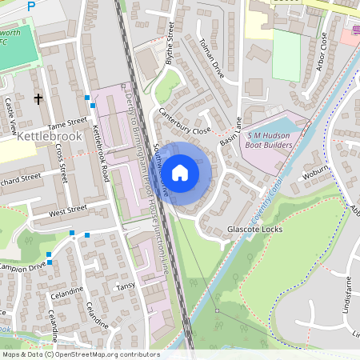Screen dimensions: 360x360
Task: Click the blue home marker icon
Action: click(180, 172)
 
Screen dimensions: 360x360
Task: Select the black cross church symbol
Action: click(37, 98)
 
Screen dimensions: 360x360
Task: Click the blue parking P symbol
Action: click(31, 6)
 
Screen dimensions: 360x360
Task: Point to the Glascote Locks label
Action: click(255, 228)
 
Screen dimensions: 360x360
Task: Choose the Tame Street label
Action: click(66, 123)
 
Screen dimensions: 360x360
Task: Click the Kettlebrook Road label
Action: click(101, 151)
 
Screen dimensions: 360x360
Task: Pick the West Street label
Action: click(67, 210)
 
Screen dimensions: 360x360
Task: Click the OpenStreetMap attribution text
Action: click(80, 354)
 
